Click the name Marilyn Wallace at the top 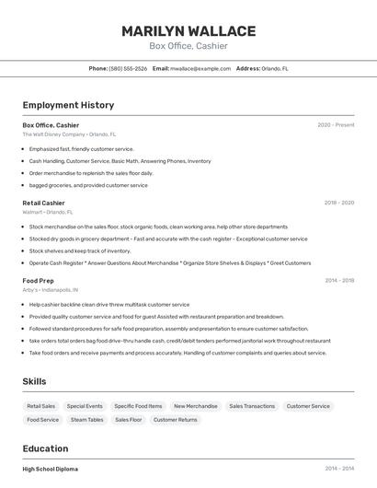188,30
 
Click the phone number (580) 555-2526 128,68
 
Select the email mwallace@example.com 200,68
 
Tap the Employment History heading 68,105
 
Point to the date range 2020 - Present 336,124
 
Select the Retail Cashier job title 43,203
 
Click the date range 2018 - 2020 338,203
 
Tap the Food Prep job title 38,280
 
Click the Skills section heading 34,381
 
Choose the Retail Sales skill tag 41,406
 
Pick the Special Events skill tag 85,406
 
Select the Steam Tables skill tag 86,420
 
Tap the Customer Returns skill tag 175,420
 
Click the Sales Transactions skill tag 252,406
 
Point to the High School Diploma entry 50,469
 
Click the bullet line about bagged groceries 88,185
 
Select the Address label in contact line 248,68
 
